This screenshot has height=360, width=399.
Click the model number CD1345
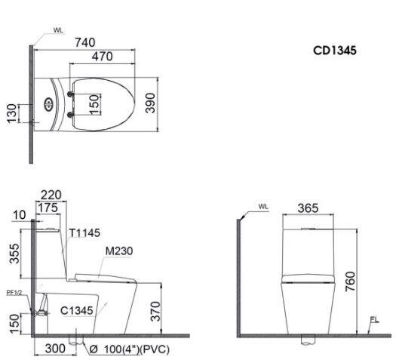pyautogui.click(x=335, y=51)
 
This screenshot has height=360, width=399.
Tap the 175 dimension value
pyautogui.click(x=48, y=207)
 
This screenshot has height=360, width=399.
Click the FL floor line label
pyautogui.click(x=374, y=320)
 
